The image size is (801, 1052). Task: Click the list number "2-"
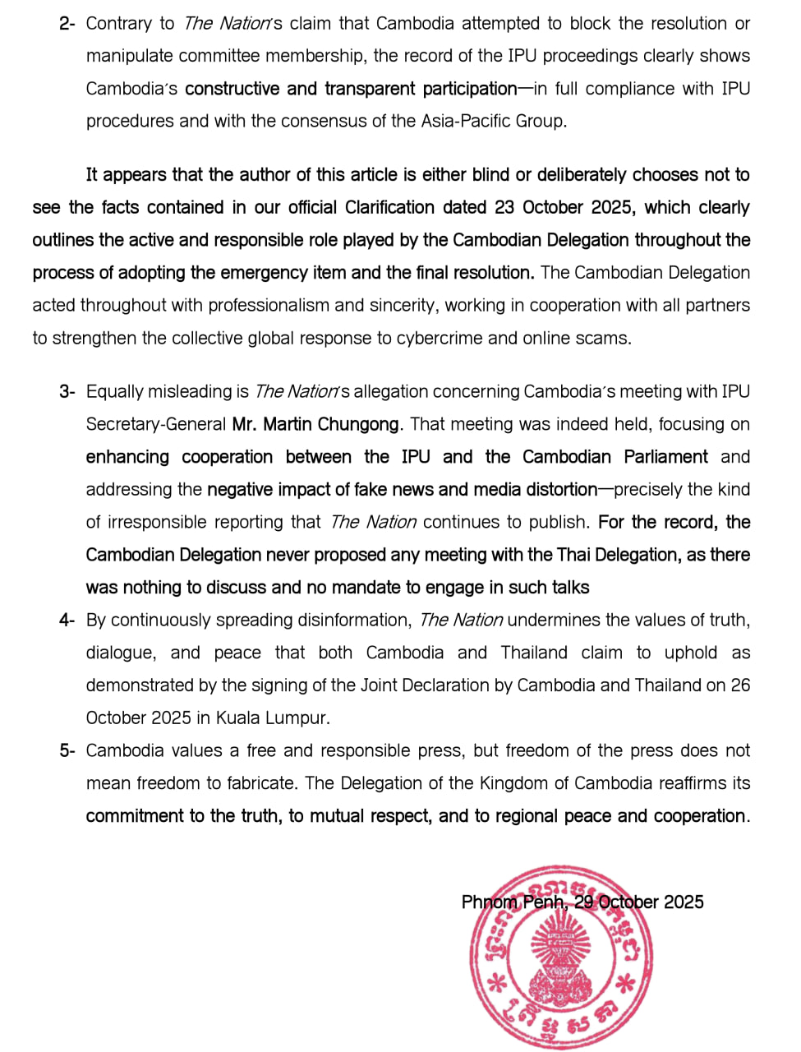67,24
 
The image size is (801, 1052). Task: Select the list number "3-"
67,392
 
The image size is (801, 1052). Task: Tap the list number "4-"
67,621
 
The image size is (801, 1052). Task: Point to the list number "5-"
67,751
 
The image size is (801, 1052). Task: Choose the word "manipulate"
135,57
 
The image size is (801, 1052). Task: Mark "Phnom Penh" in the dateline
513,902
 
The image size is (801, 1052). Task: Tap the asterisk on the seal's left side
496,983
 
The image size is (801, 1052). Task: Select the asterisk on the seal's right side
626,983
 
